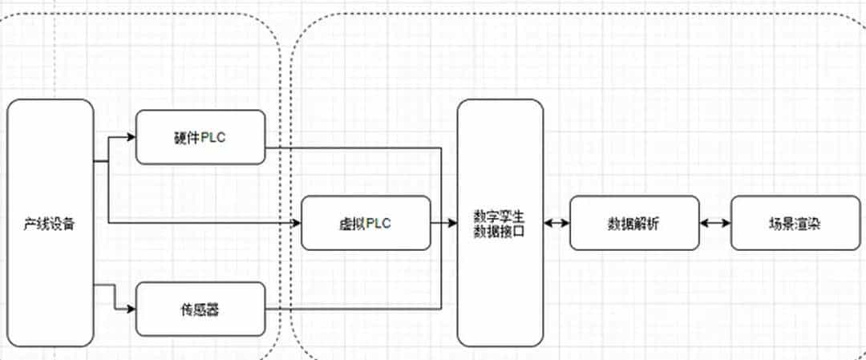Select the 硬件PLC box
pyautogui.click(x=200, y=137)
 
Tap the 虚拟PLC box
pyautogui.click(x=366, y=223)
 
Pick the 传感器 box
pyautogui.click(x=200, y=309)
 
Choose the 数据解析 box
pyautogui.click(x=634, y=223)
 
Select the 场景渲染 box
pyautogui.click(x=795, y=223)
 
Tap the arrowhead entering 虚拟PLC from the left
pyautogui.click(x=296, y=223)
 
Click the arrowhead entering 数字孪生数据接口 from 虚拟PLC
pyautogui.click(x=452, y=223)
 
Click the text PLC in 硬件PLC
pyautogui.click(x=212, y=137)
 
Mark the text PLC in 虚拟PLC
pyautogui.click(x=378, y=223)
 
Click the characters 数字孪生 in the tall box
pyautogui.click(x=500, y=216)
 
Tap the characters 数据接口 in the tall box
pyautogui.click(x=500, y=231)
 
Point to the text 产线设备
pyautogui.click(x=50, y=224)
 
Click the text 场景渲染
pyautogui.click(x=795, y=223)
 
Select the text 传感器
pyautogui.click(x=200, y=309)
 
